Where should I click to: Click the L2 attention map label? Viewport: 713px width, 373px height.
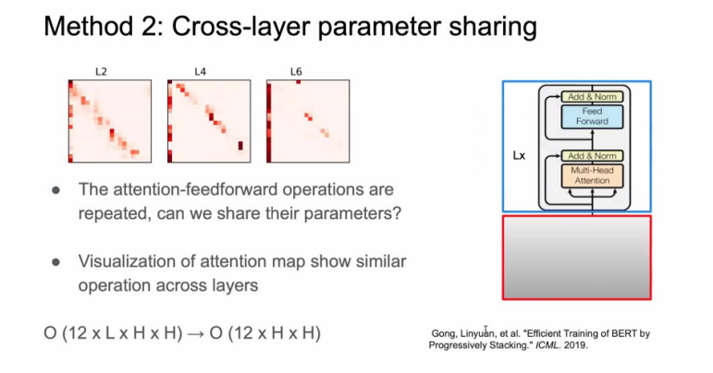[x=101, y=72]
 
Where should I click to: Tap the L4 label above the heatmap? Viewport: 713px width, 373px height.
[x=200, y=72]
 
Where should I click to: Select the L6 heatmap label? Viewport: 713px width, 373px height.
[x=296, y=72]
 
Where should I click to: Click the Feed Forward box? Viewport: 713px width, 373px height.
[x=592, y=116]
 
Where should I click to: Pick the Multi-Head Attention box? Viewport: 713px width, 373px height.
[x=592, y=175]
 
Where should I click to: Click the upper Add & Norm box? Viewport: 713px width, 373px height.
[x=592, y=97]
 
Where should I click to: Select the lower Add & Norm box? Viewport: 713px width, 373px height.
[x=592, y=156]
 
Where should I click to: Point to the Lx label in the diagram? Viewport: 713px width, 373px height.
[x=519, y=156]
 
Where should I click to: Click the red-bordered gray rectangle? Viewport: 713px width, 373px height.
[x=576, y=258]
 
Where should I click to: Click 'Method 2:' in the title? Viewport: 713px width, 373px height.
[x=104, y=27]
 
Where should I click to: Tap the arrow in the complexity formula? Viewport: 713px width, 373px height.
[x=196, y=333]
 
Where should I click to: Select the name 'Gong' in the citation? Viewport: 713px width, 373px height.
[x=444, y=334]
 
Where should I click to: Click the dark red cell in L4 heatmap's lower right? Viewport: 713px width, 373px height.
[x=240, y=146]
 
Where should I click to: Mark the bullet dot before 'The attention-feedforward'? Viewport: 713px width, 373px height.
[x=55, y=189]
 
